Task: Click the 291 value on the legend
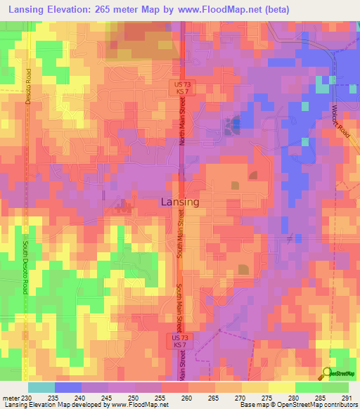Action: (347, 398)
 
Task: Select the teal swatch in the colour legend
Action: (41, 387)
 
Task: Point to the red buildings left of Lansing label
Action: (124, 206)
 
